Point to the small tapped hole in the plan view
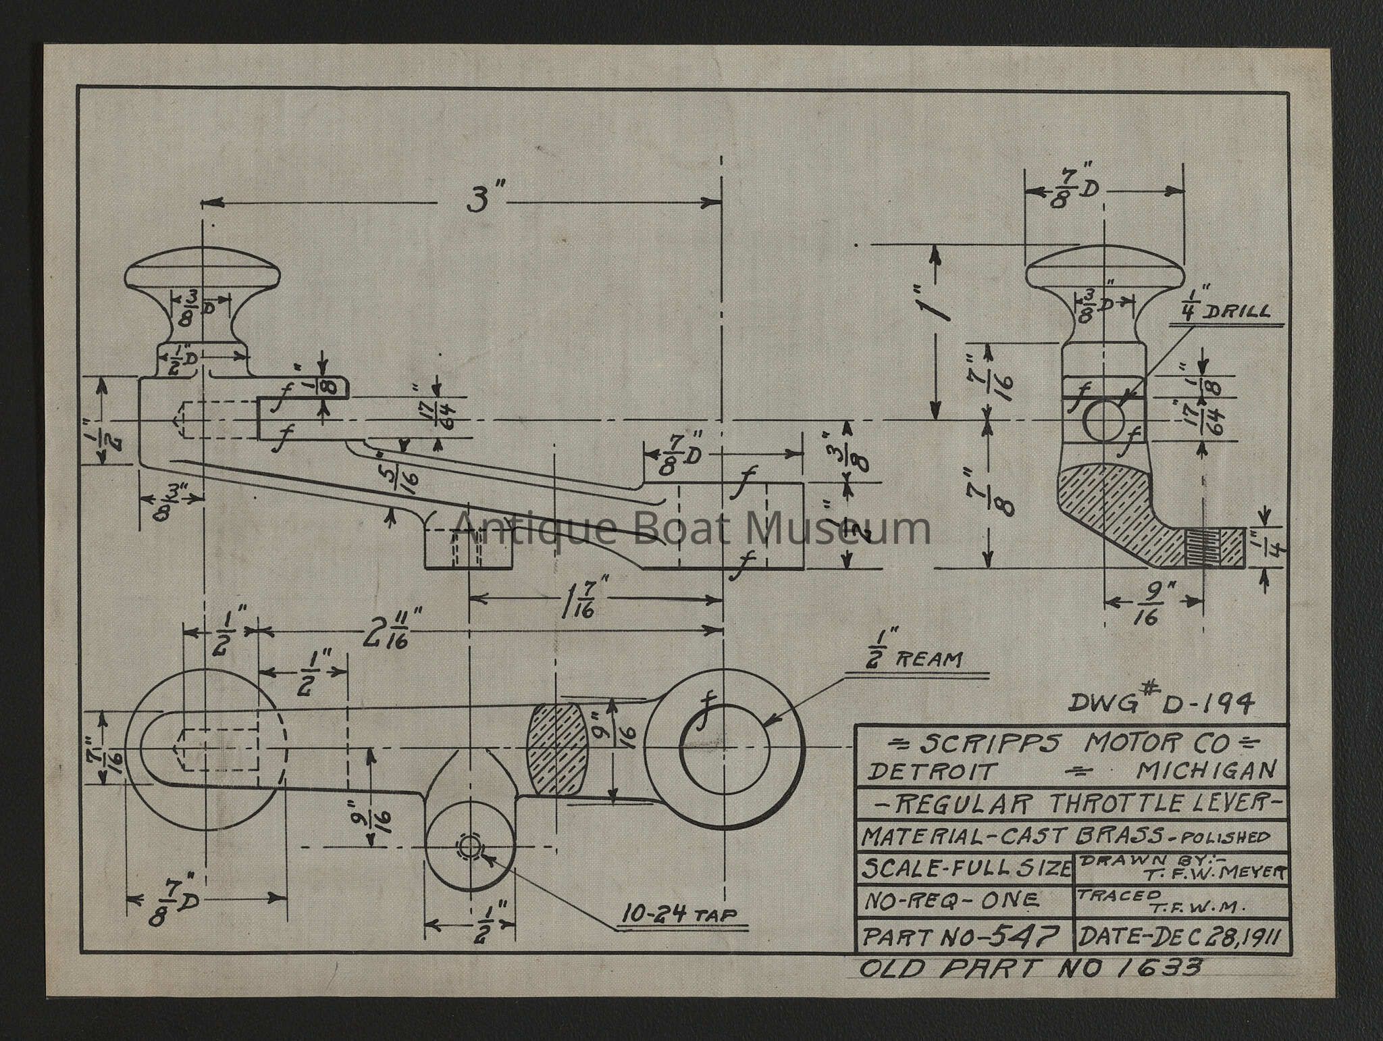click(468, 846)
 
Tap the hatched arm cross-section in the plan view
click(557, 748)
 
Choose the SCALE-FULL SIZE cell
click(964, 868)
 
